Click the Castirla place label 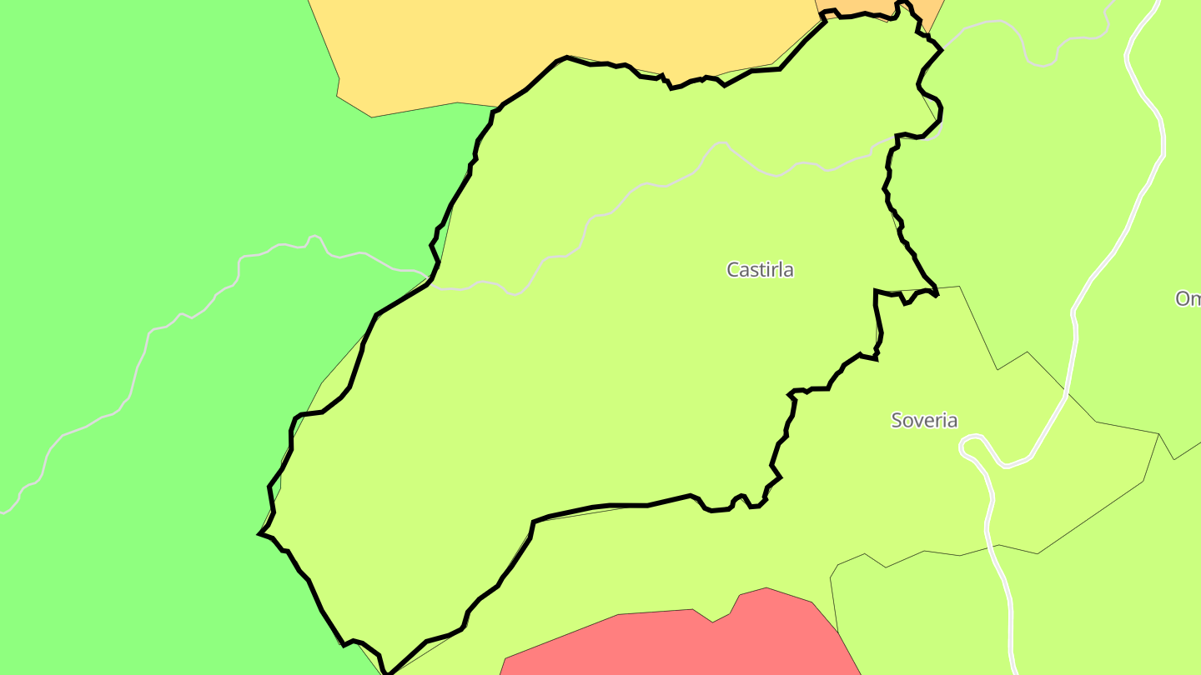(760, 270)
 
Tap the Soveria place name (924, 420)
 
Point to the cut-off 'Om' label (1188, 298)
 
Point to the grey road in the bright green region (167, 325)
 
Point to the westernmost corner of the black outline (259, 533)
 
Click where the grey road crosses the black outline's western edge (433, 275)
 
